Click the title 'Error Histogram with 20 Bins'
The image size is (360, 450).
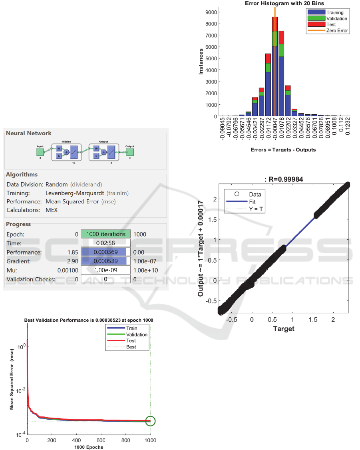click(285, 4)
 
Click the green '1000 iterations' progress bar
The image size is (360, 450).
click(105, 234)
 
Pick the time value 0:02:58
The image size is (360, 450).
click(105, 243)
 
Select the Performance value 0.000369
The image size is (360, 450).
click(105, 252)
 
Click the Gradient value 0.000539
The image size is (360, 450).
click(105, 261)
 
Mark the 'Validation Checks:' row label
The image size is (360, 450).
click(31, 279)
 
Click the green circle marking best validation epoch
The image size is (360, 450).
click(150, 421)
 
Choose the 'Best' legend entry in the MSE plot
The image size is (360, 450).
click(131, 347)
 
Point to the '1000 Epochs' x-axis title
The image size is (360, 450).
click(88, 447)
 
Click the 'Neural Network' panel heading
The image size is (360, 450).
click(29, 133)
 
